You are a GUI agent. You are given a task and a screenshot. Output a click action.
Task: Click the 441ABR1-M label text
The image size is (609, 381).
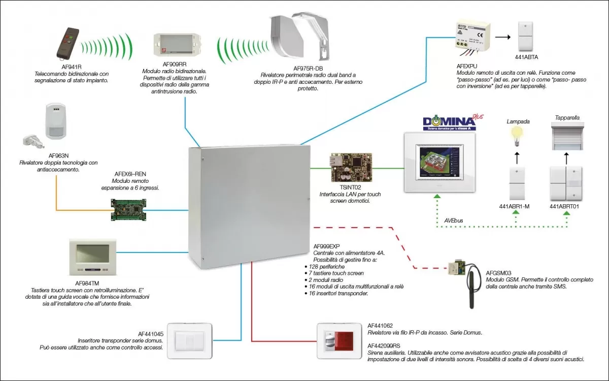515,207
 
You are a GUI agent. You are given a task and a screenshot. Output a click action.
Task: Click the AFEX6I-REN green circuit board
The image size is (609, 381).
128,209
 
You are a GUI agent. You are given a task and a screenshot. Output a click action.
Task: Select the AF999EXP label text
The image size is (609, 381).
327,246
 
